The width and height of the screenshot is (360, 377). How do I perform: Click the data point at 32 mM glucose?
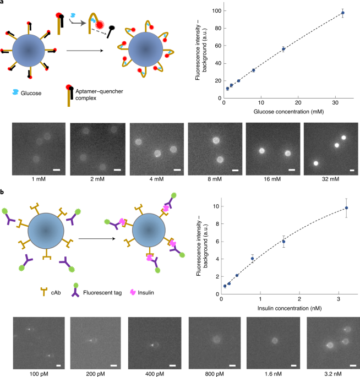(343, 13)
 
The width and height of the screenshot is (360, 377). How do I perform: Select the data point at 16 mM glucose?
(283, 49)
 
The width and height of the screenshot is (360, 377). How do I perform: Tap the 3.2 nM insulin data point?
(346, 207)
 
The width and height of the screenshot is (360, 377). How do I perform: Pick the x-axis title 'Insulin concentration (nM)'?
(290, 308)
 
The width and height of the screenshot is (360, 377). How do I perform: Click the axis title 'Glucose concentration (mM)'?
(288, 112)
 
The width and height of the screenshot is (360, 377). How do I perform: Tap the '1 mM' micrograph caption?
(39, 179)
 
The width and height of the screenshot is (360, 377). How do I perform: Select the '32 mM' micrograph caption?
(330, 179)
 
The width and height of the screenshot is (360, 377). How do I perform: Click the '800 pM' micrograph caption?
(214, 374)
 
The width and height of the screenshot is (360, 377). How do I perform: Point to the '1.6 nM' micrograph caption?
(273, 374)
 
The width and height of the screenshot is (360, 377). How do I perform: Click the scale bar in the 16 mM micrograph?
(292, 170)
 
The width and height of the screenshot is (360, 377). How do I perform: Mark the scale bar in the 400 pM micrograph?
(173, 365)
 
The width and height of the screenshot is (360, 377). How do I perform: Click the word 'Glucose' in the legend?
(31, 94)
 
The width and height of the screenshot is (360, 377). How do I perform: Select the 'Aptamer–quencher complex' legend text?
(99, 95)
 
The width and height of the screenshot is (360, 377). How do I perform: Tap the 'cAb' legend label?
(56, 293)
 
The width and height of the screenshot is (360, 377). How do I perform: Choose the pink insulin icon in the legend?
(133, 292)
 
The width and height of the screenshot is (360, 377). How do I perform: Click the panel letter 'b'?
(2, 192)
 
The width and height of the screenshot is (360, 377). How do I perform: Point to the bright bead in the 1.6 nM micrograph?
(275, 341)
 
